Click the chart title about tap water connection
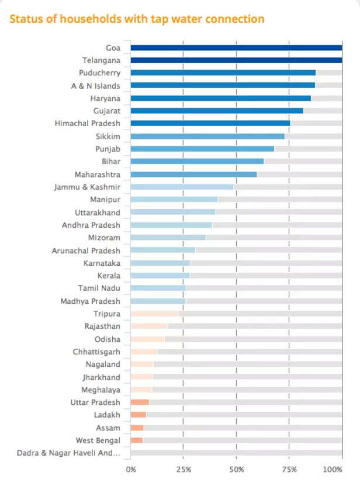[137, 19]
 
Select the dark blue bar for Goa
[236, 48]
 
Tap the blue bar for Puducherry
[223, 73]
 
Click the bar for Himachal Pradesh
[210, 123]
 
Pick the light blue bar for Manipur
[174, 199]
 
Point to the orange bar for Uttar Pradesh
[140, 402]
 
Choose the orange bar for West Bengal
[137, 440]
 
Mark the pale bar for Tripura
[154, 314]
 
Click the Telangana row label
[101, 60]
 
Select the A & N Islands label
[96, 86]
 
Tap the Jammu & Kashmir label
[87, 187]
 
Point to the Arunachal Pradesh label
[86, 250]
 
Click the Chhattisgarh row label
[97, 352]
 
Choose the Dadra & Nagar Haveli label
[69, 453]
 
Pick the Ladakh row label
[108, 415]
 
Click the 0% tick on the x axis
[131, 469]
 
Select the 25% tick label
[184, 469]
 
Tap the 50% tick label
[236, 469]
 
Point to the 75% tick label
[289, 469]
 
